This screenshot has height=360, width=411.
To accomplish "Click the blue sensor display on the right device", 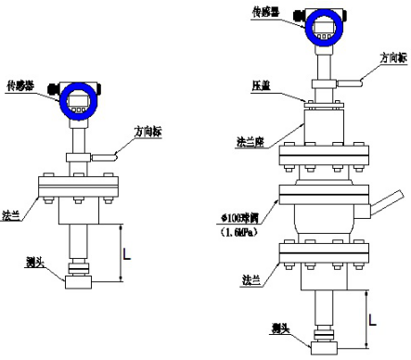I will (x=323, y=27).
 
